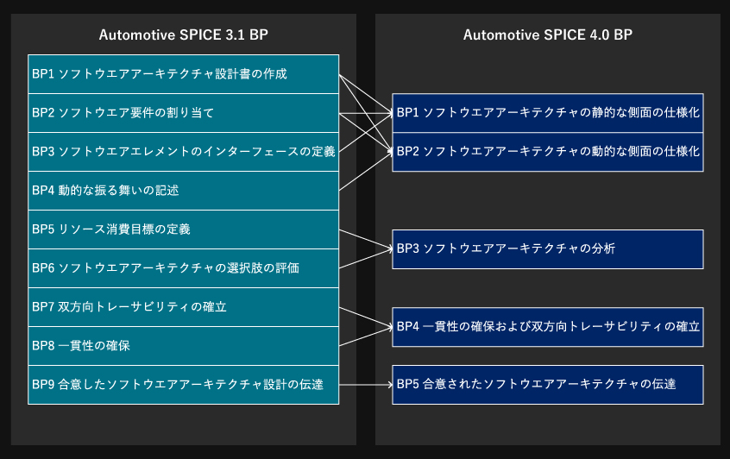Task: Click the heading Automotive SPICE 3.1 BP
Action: tap(184, 35)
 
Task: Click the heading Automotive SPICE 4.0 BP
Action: tap(547, 35)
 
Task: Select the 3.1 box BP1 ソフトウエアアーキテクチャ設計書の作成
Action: tap(184, 74)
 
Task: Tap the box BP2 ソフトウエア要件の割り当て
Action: tap(184, 113)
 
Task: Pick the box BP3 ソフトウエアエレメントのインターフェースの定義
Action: tap(184, 152)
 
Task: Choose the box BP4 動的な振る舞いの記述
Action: tap(184, 191)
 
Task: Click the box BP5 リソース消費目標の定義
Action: tap(184, 229)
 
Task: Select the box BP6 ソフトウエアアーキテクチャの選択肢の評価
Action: tap(184, 268)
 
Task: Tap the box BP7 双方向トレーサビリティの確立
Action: tap(184, 307)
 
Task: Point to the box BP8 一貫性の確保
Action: tap(184, 346)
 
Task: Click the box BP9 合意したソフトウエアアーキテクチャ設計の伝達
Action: tap(184, 385)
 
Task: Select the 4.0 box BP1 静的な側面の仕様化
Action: tap(547, 113)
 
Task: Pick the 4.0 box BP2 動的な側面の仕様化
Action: tap(547, 152)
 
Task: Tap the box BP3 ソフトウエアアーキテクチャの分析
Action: tap(547, 249)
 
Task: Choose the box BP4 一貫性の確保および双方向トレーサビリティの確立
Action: tap(547, 327)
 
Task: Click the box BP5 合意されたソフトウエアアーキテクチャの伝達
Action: tap(547, 385)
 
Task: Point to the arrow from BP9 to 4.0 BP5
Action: tap(366, 385)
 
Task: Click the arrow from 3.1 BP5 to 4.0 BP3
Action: tap(366, 239)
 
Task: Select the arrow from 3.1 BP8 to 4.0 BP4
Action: tap(366, 336)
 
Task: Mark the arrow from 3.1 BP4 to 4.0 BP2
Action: tap(366, 171)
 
